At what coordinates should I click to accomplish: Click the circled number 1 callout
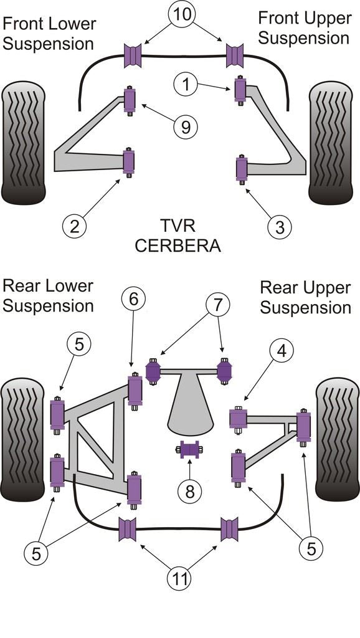pos(185,84)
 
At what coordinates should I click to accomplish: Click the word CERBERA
pos(178,245)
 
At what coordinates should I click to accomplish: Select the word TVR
pos(178,225)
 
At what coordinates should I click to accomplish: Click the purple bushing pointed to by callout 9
pos(130,100)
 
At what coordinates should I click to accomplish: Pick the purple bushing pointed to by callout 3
pos(241,169)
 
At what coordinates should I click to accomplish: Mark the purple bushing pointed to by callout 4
pos(238,417)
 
